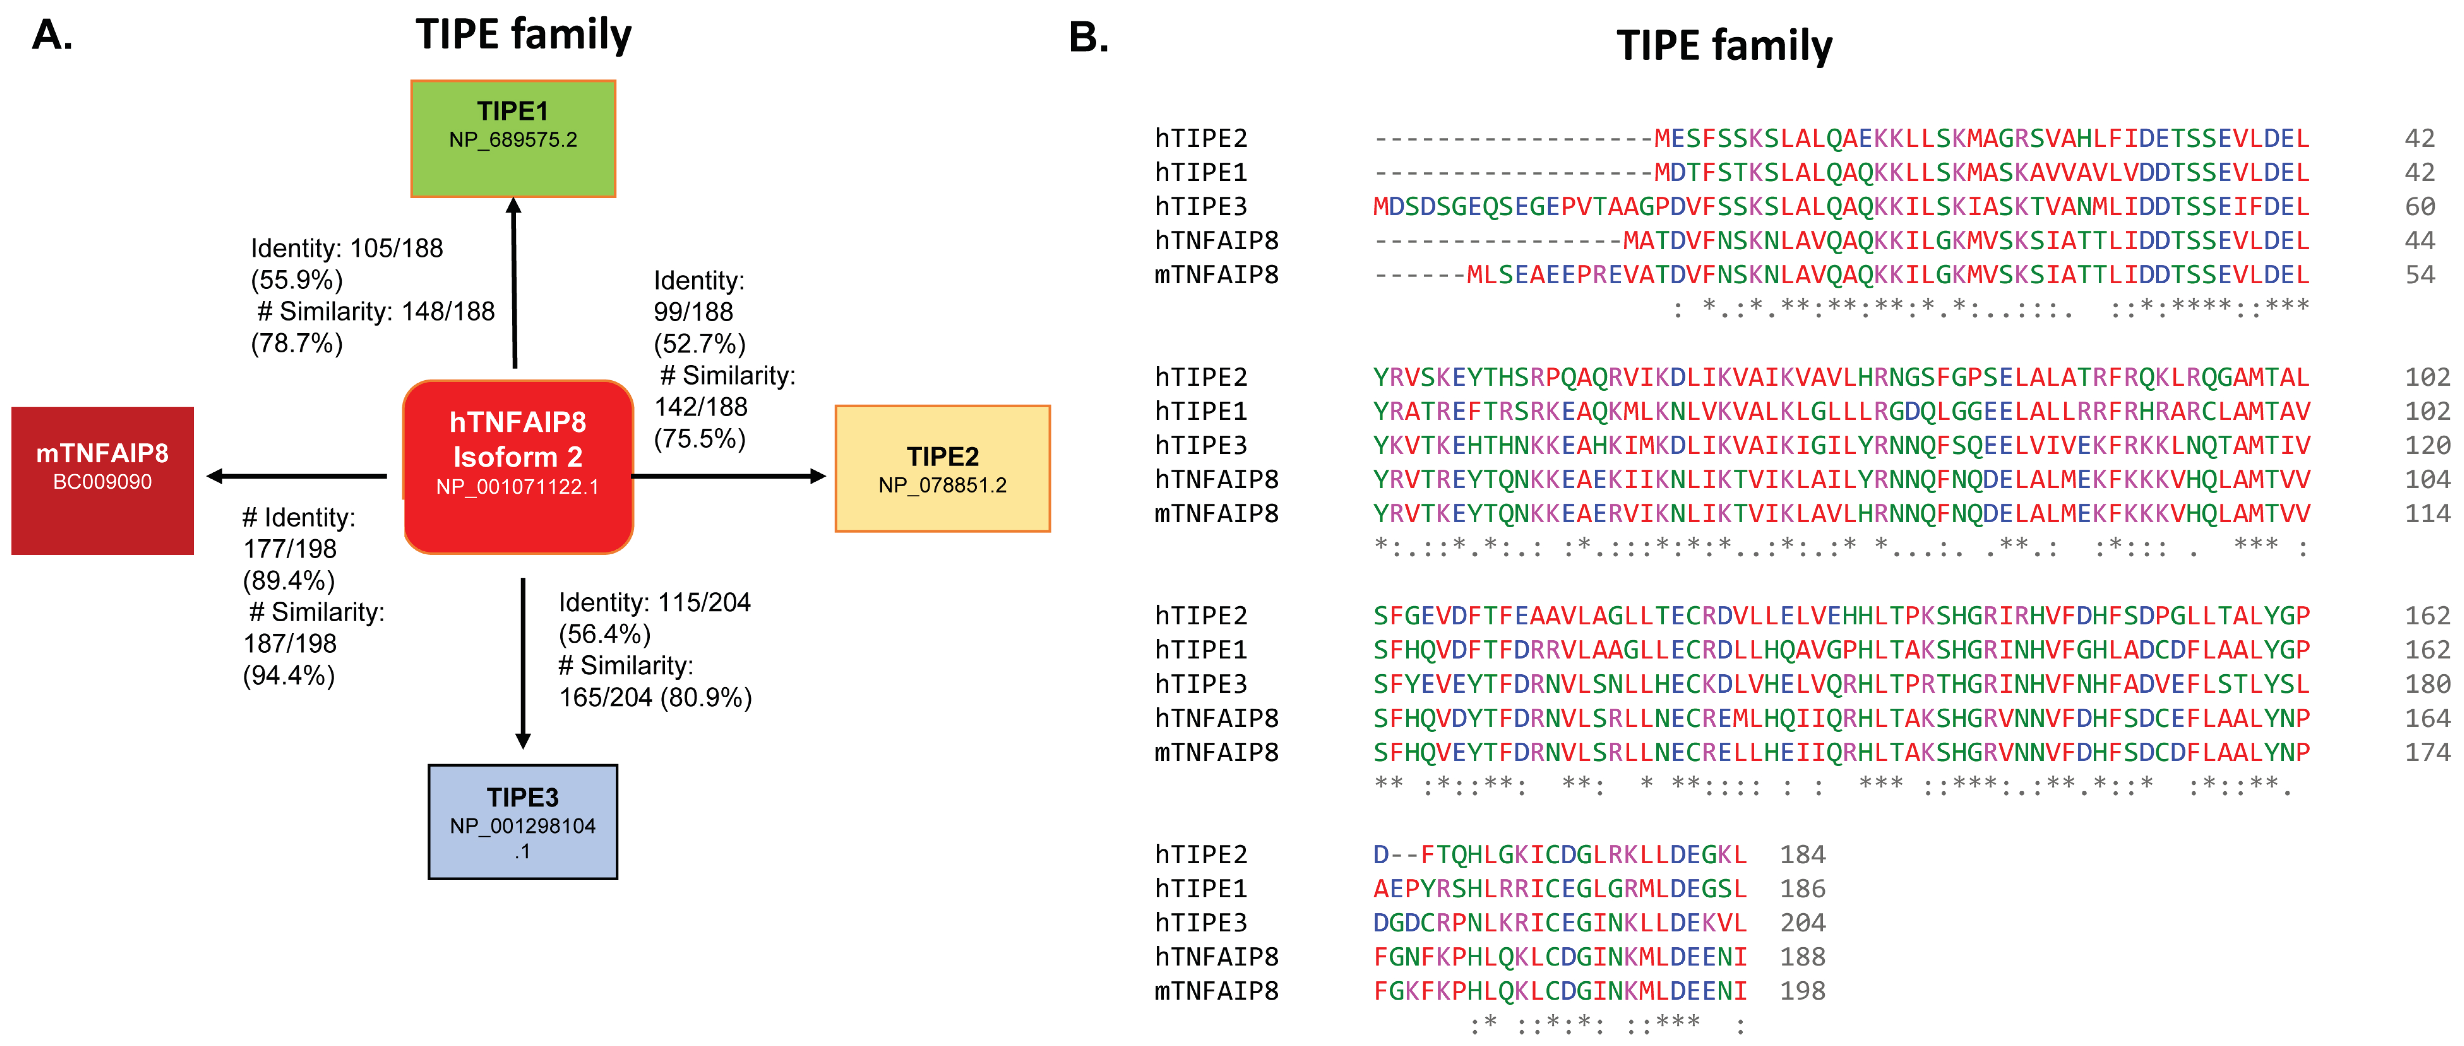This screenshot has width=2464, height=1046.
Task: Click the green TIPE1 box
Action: [513, 139]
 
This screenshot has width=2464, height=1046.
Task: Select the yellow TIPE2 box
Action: [942, 469]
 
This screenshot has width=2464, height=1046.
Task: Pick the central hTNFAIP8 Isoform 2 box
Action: [517, 467]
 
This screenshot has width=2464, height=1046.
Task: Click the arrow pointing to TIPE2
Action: [727, 475]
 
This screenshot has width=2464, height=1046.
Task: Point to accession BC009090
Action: [102, 482]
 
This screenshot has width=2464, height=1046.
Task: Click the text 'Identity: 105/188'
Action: [346, 249]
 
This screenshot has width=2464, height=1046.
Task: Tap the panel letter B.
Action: [1088, 38]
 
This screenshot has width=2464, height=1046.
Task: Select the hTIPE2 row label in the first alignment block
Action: [1201, 139]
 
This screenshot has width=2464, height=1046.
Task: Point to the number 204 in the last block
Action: [1802, 923]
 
